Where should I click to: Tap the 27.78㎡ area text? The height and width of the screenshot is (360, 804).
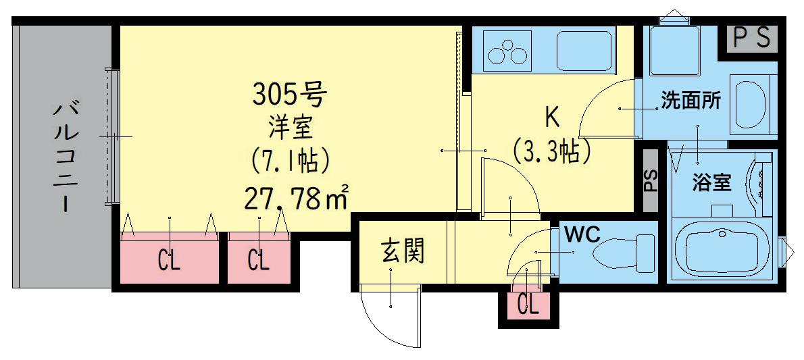point(295,197)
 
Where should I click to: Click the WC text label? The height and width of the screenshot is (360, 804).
point(582,234)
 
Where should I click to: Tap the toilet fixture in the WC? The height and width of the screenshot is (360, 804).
point(623,252)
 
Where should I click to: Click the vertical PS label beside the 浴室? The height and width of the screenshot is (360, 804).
point(651,180)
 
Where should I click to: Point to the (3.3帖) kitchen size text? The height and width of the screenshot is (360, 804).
point(552,150)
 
